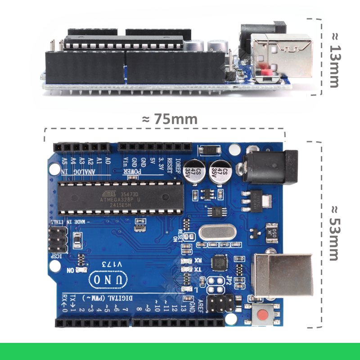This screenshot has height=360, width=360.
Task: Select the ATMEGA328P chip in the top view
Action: pos(121,198)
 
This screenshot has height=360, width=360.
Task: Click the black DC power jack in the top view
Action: pos(269,167)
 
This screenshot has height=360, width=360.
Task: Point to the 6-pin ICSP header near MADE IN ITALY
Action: pos(58,240)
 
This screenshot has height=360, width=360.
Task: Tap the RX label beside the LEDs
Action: pos(198,260)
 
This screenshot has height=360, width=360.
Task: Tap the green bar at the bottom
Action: pos(180,351)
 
